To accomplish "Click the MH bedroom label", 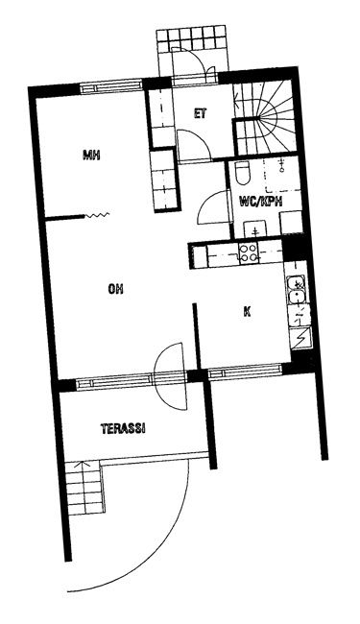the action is click(91, 155).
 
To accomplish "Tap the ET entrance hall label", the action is click(200, 114).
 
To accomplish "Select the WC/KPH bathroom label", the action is click(260, 202).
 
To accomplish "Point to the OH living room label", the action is click(115, 289).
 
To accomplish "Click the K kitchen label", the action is click(247, 312).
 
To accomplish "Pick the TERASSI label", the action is click(123, 428).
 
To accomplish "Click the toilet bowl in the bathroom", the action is click(242, 174).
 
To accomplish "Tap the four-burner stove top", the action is click(249, 252).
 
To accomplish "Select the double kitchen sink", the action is click(297, 289).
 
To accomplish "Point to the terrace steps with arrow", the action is click(84, 487).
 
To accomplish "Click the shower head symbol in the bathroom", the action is click(282, 165).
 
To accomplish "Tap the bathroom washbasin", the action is click(254, 228).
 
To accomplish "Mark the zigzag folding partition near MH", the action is click(97, 216).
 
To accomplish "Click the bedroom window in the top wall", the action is click(111, 86).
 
